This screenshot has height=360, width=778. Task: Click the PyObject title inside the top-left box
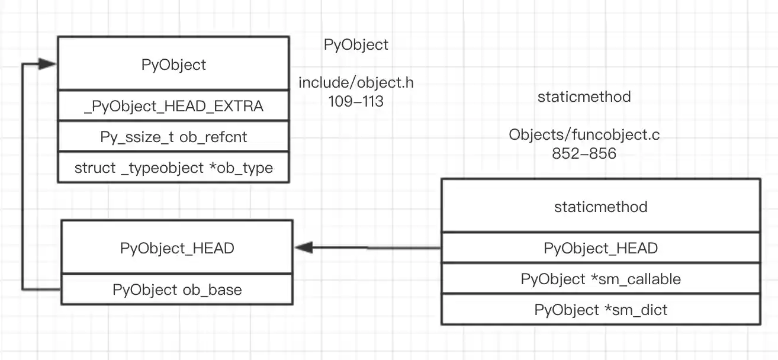coord(173,65)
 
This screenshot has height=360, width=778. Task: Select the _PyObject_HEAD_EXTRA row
coord(173,107)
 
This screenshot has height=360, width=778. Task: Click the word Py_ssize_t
coord(138,137)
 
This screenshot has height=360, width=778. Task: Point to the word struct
coord(95,168)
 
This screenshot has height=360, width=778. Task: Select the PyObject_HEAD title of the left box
coord(177,248)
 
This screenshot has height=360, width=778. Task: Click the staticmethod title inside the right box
coord(600,207)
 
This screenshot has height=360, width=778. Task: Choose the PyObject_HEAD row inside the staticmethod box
coord(600,248)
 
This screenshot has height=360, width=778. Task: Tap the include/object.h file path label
coord(356,83)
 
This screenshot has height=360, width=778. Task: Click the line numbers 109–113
coord(356,101)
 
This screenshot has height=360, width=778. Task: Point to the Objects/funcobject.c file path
coord(584,135)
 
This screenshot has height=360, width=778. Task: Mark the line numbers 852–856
coord(584,154)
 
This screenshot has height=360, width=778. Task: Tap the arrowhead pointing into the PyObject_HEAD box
coord(303,247)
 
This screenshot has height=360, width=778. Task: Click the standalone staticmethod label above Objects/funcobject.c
coord(584,97)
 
